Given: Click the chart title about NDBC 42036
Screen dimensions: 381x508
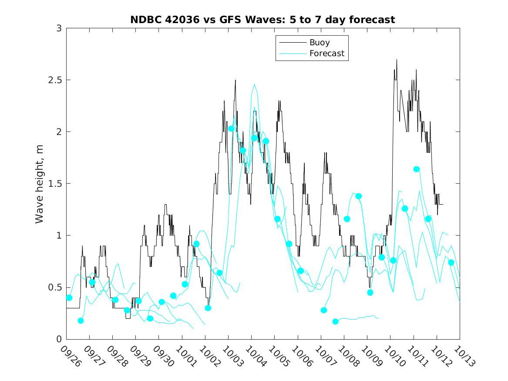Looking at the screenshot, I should [262, 20].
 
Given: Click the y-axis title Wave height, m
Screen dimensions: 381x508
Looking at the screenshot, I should [40, 184].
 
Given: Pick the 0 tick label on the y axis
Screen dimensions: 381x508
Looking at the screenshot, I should [58, 339].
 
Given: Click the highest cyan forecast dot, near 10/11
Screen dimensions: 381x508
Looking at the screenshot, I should [417, 169].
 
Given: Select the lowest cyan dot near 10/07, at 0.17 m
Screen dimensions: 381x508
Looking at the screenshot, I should [335, 321].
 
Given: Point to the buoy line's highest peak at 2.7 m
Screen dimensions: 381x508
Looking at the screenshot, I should [397, 60].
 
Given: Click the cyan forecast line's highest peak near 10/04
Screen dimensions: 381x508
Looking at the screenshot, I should [254, 84].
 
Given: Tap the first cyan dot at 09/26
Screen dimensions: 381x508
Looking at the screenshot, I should [69, 298].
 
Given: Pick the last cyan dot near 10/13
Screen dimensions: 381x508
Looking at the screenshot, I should [451, 262].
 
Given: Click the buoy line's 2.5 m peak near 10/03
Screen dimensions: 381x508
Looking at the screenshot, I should [235, 80].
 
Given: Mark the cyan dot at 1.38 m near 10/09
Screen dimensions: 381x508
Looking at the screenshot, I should [359, 196].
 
